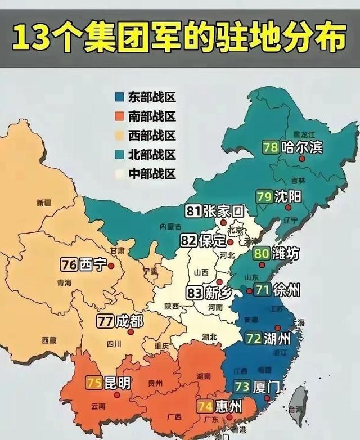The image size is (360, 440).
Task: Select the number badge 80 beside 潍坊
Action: click(x=261, y=254)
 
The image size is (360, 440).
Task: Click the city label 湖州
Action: click(x=277, y=339)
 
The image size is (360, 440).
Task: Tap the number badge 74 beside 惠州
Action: click(x=205, y=406)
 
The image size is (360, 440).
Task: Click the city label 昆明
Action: click(x=118, y=383)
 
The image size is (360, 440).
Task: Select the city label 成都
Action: click(x=129, y=321)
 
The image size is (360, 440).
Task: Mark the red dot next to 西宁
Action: click(x=111, y=266)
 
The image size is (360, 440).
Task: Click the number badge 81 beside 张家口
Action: click(x=194, y=212)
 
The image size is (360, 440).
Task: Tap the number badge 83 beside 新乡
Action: click(x=194, y=293)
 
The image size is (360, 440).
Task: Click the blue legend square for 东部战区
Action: click(x=119, y=97)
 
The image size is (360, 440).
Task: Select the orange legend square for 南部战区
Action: click(x=119, y=116)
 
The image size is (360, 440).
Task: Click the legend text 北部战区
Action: click(x=152, y=154)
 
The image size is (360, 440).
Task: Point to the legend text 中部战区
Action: click(x=152, y=173)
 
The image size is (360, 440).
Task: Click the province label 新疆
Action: click(x=44, y=202)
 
